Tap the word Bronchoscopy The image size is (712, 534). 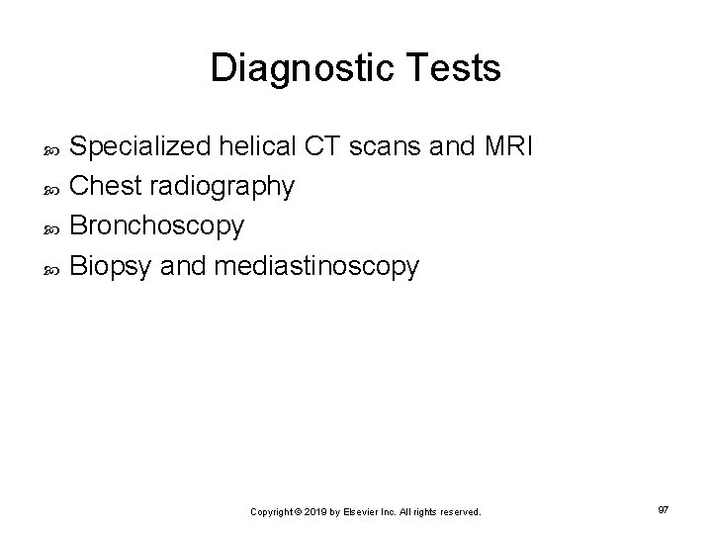click(158, 226)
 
